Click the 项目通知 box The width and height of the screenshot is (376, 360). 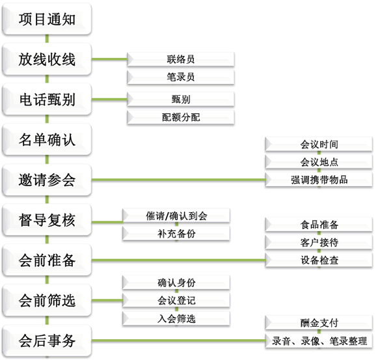tap(47, 19)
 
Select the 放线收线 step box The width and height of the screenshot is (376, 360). tap(47, 59)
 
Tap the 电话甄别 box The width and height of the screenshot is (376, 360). tap(47, 99)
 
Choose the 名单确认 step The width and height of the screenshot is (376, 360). tap(47, 139)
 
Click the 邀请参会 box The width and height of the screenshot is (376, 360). tap(47, 180)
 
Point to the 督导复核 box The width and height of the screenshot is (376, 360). tap(47, 220)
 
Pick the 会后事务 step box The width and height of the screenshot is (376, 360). tap(47, 340)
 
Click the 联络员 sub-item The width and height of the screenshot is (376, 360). tap(181, 59)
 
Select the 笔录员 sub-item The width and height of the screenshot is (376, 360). tap(181, 77)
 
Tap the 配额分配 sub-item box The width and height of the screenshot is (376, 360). tap(181, 117)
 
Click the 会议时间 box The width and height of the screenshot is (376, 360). tap(319, 145)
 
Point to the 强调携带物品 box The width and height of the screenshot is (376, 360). tap(319, 180)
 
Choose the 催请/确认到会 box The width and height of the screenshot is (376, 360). tap(176, 215)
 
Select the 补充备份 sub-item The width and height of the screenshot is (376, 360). tap(176, 233)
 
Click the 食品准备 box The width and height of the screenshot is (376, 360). tap(319, 225)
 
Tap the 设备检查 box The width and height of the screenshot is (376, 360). tap(319, 260)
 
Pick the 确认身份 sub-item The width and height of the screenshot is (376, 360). tap(176, 283)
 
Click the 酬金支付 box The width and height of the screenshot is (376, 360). tap(319, 323)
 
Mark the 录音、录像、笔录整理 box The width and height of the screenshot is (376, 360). tap(319, 340)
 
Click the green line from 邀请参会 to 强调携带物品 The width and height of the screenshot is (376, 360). tap(178, 180)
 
